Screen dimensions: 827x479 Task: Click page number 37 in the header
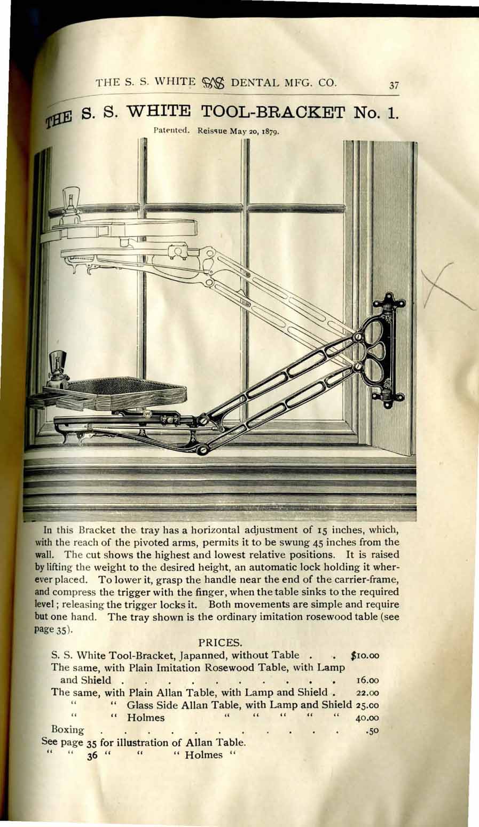395,84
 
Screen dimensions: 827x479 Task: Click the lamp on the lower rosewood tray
57,366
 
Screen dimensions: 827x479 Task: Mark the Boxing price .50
372,730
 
